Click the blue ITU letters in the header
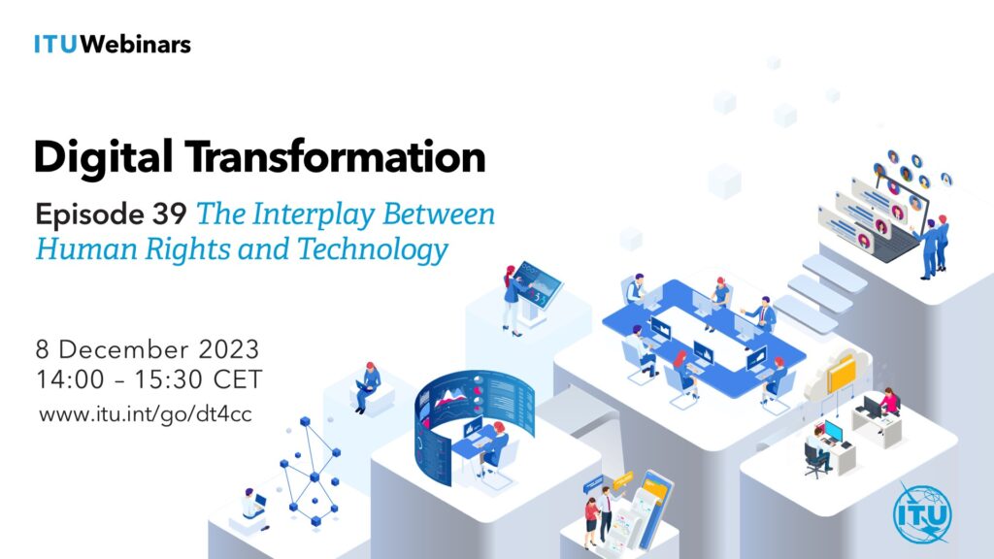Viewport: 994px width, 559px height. [x=55, y=45]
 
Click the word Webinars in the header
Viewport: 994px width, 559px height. [x=135, y=45]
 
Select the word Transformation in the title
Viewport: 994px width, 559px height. [x=335, y=156]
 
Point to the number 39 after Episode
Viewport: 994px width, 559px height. [x=169, y=214]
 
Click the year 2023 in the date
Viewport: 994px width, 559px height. [x=229, y=349]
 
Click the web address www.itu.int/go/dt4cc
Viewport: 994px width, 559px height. [x=146, y=414]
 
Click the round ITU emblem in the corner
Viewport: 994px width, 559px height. [x=922, y=513]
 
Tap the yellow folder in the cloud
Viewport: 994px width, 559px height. [x=843, y=374]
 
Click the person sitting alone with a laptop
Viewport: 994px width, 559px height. [x=368, y=386]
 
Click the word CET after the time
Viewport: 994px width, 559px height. [x=238, y=379]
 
